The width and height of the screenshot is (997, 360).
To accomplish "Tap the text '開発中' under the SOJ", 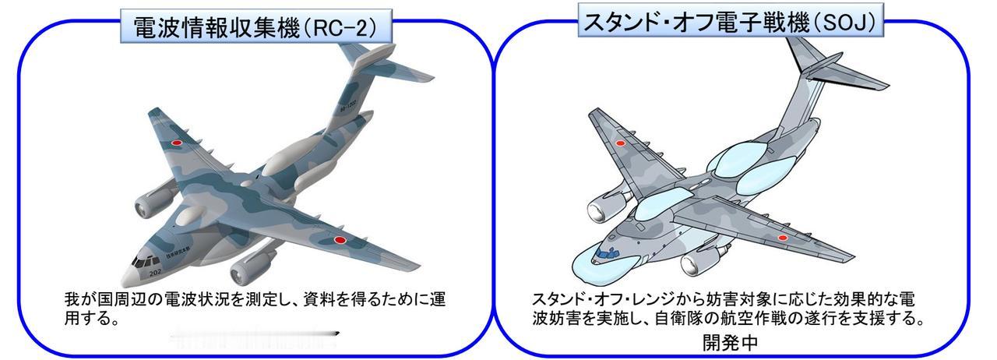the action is pyautogui.click(x=729, y=342).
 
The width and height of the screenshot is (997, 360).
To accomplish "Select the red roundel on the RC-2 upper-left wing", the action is pyautogui.click(x=176, y=143).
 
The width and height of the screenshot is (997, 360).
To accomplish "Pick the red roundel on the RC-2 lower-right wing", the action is pyautogui.click(x=340, y=240).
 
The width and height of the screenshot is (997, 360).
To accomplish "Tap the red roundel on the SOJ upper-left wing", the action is pyautogui.click(x=621, y=143).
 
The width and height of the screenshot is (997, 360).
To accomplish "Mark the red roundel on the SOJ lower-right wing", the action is pyautogui.click(x=784, y=238).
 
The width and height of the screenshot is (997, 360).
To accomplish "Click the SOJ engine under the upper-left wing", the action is pyautogui.click(x=602, y=208).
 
